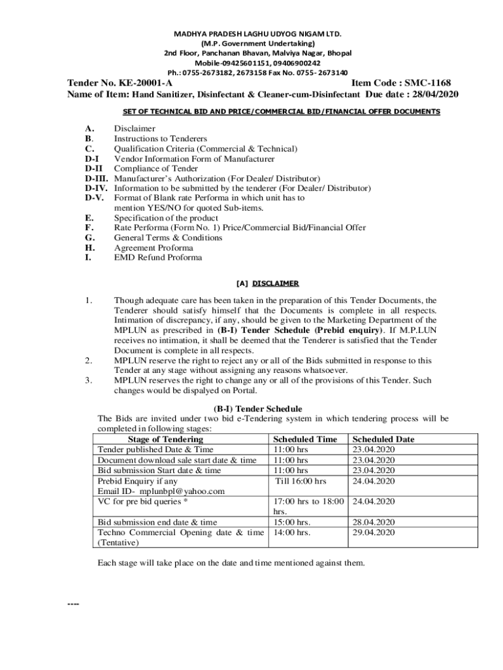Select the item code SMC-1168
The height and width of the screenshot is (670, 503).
pos(427,83)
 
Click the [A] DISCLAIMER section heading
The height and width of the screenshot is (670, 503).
pos(267,283)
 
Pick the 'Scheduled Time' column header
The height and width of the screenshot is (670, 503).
pos(305,439)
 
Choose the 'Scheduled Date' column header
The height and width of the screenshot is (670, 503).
pos(383,439)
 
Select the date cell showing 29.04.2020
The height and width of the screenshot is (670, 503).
pos(373,533)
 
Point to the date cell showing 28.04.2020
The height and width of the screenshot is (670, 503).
pos(373,522)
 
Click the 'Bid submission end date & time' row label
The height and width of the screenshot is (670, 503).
pos(157,522)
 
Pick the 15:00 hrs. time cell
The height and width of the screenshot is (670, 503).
pos(291,522)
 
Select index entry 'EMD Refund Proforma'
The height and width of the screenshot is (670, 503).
pos(158,258)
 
